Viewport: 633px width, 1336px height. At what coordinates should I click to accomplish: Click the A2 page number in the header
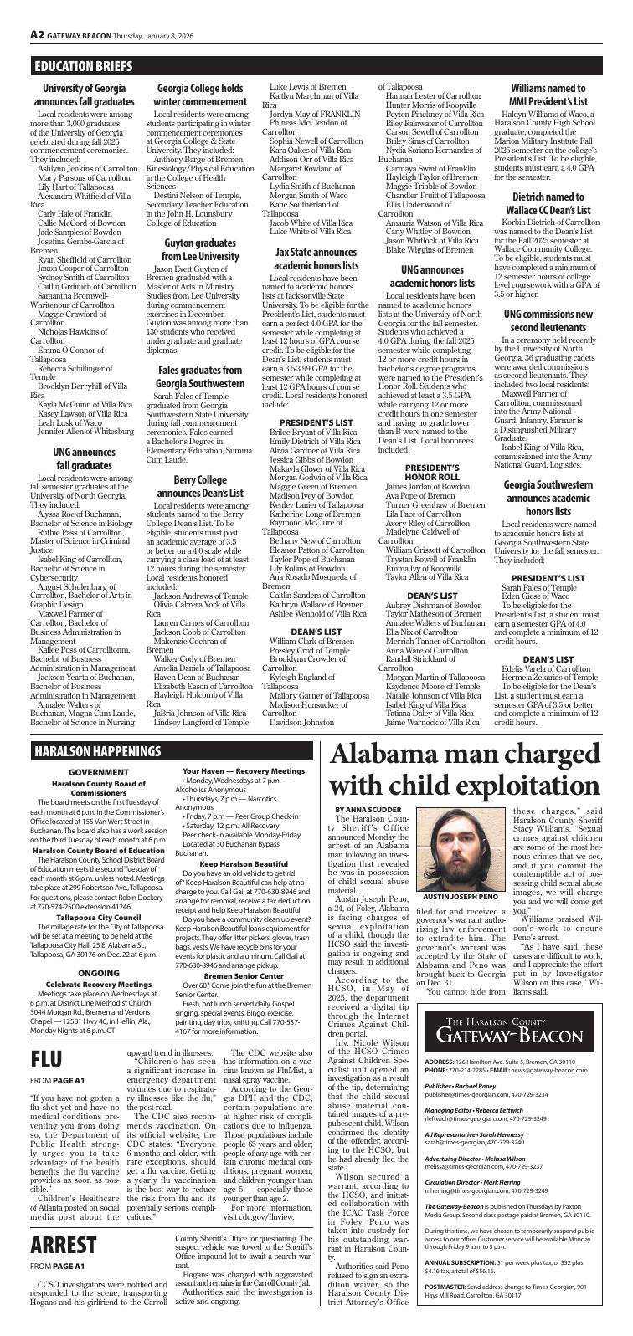coord(37,34)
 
